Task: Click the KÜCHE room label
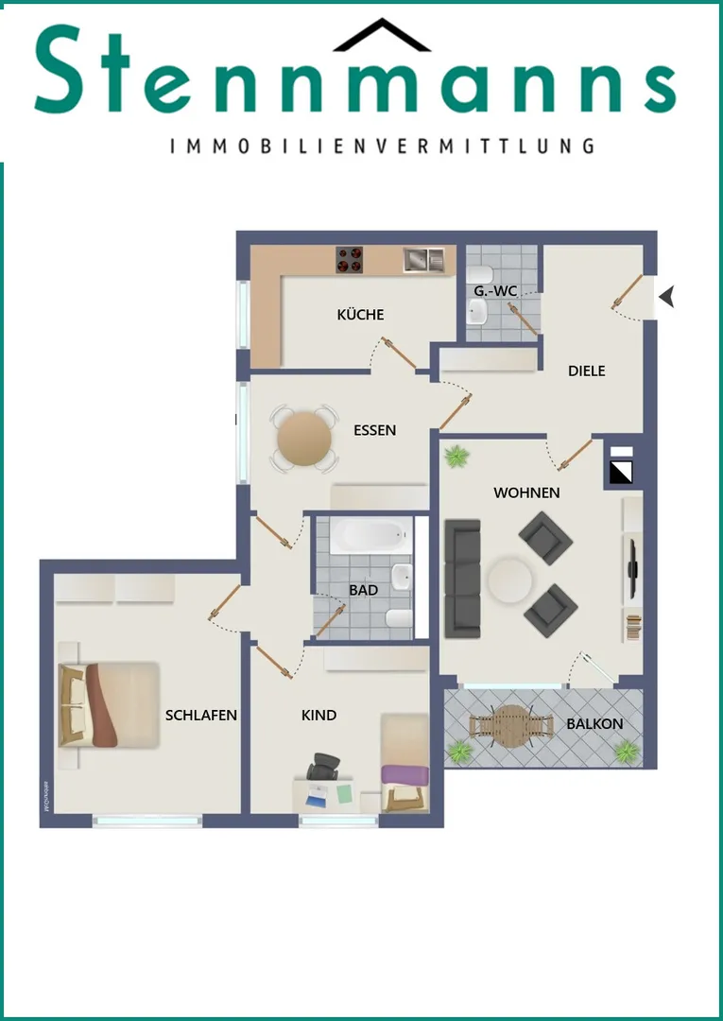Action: coord(360,315)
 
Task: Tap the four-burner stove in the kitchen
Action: coord(350,260)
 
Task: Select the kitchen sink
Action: coord(423,259)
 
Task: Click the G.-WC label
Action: coord(495,291)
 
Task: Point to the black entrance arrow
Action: coord(666,297)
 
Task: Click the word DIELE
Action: coord(586,372)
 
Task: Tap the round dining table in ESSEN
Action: coord(304,439)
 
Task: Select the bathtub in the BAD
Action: coord(370,535)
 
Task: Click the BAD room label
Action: coord(363,591)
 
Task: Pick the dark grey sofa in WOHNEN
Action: coord(463,579)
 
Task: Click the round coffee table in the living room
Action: coord(509,579)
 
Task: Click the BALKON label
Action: coord(594,724)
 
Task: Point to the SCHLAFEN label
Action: coord(201,716)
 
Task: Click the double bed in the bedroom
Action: coord(109,705)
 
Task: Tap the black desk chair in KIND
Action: coord(323,766)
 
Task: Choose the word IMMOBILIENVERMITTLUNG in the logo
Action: coord(382,146)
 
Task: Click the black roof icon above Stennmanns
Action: coord(382,35)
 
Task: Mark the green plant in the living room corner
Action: coord(456,456)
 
